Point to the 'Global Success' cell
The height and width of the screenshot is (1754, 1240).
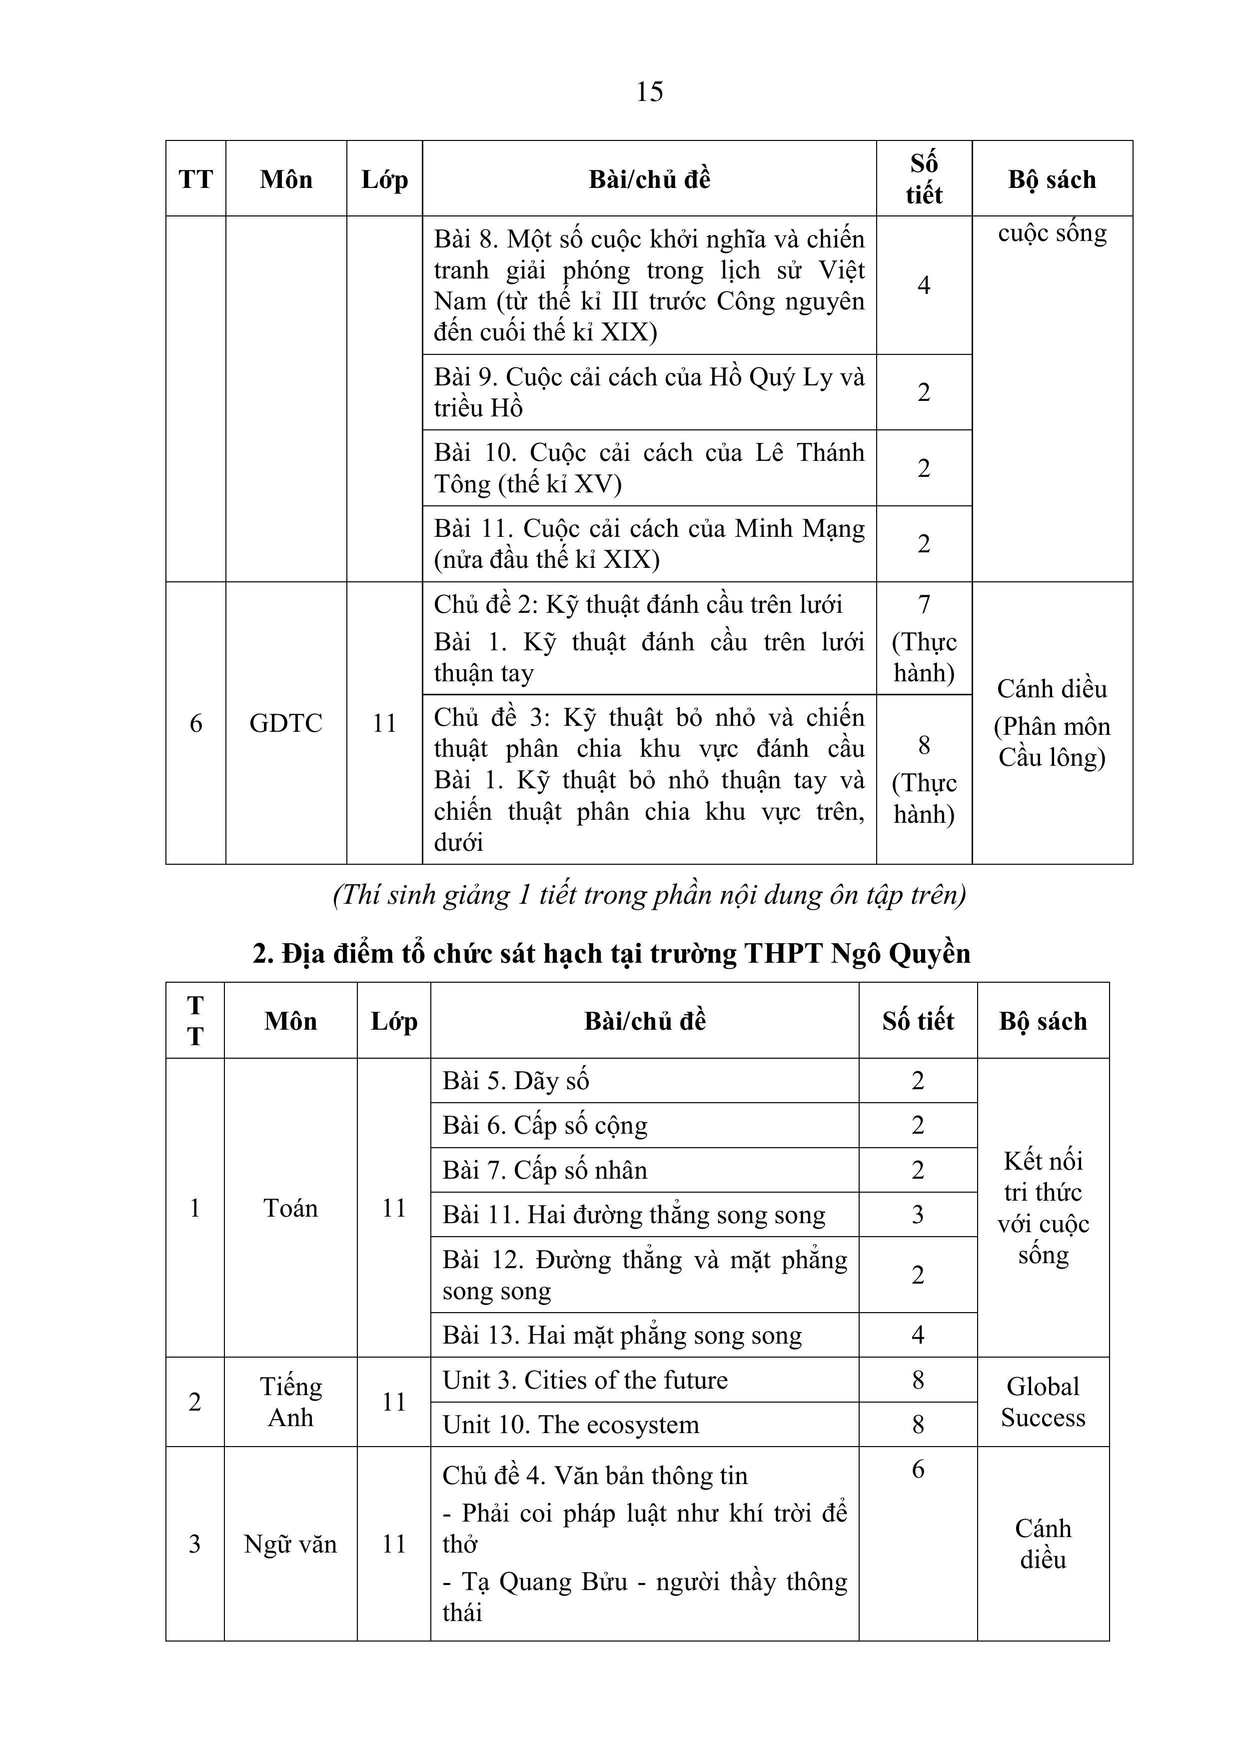1043,1402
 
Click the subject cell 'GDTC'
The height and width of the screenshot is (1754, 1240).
286,723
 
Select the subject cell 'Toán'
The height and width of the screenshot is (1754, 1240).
290,1208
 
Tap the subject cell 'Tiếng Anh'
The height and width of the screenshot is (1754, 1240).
290,1402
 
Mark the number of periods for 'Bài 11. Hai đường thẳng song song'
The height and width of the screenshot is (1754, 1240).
918,1214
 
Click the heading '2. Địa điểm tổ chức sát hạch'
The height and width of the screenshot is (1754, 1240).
611,953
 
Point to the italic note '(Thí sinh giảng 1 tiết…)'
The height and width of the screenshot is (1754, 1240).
649,894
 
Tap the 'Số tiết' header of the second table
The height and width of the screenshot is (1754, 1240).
918,1021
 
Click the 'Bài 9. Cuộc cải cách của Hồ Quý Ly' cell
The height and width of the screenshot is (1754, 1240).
649,392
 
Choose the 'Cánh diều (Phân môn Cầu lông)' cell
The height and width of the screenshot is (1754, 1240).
1052,723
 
